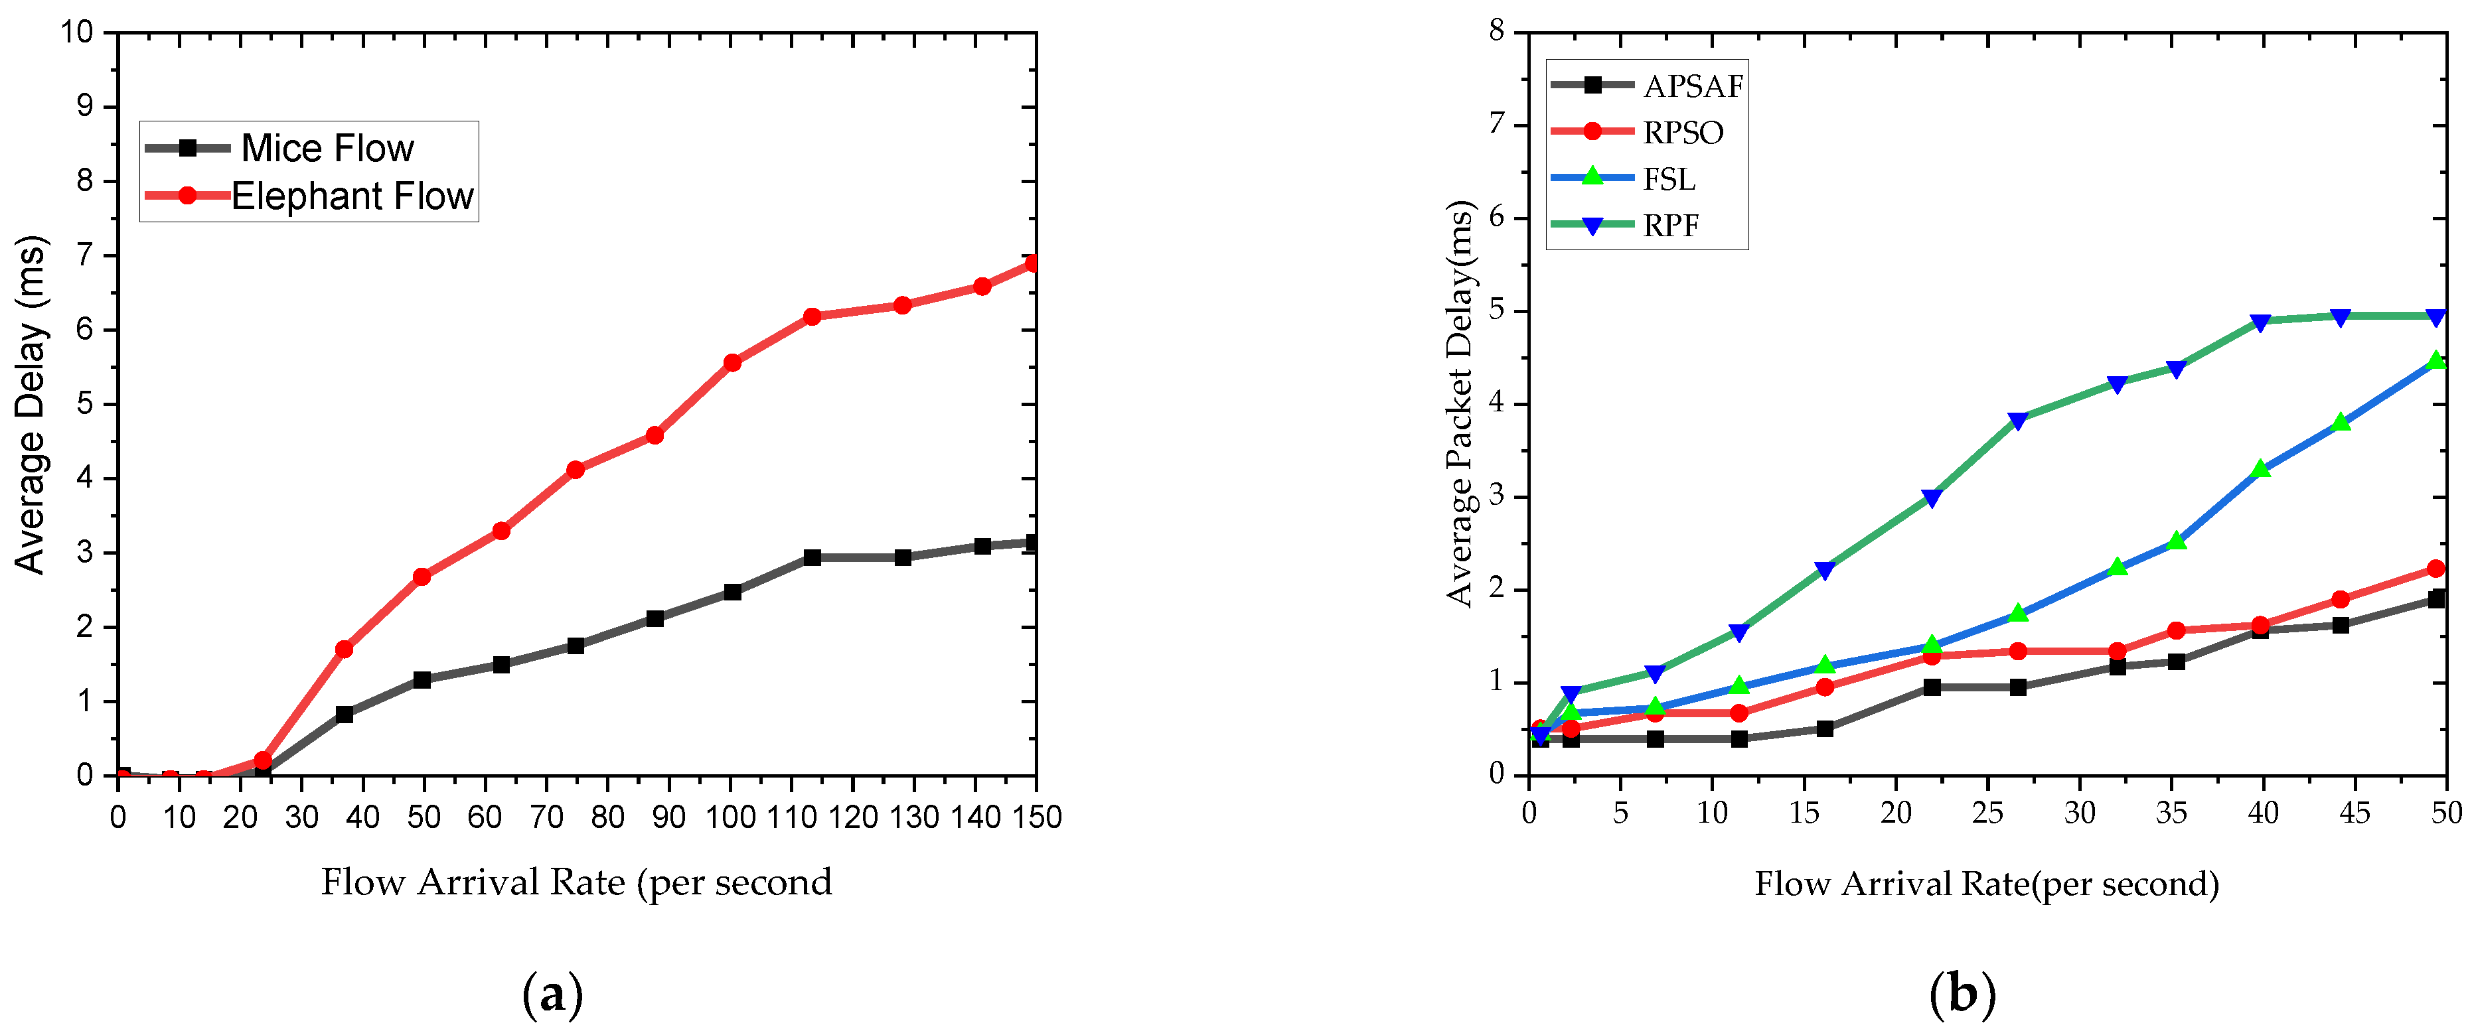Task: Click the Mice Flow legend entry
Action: pyautogui.click(x=327, y=149)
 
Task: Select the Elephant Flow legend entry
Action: pyautogui.click(x=351, y=196)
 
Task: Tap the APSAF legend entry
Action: pyautogui.click(x=1692, y=86)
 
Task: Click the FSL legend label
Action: pyautogui.click(x=1669, y=179)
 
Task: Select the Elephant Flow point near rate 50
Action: pyautogui.click(x=422, y=577)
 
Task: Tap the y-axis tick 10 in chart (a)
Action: pyautogui.click(x=77, y=33)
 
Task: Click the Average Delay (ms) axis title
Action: pyautogui.click(x=31, y=404)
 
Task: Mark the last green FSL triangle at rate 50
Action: pyautogui.click(x=2435, y=361)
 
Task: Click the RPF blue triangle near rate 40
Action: pyautogui.click(x=2260, y=323)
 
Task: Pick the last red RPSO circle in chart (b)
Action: pyautogui.click(x=2435, y=569)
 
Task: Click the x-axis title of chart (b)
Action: pyautogui.click(x=1986, y=884)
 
